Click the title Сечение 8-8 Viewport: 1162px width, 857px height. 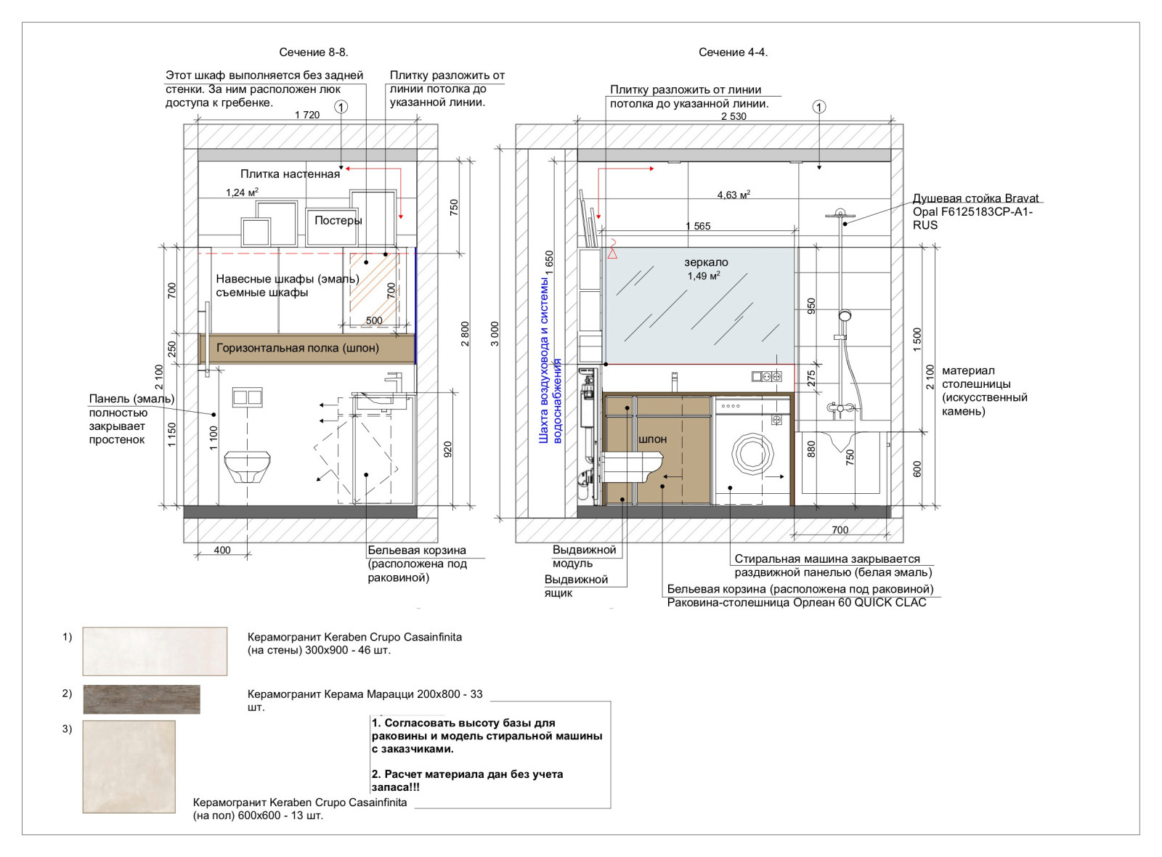pos(314,52)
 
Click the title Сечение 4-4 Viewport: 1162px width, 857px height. pos(733,52)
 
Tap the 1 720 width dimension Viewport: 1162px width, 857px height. pos(307,115)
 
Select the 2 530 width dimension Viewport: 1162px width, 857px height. pos(734,116)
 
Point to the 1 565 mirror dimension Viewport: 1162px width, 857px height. pos(698,226)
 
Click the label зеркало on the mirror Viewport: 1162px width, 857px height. pos(706,262)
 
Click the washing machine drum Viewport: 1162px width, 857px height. pos(752,454)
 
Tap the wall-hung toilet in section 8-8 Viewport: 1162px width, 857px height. pos(248,467)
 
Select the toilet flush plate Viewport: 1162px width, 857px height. pos(248,397)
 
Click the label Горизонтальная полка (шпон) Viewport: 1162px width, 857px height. pos(297,348)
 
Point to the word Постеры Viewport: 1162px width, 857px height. pos(338,221)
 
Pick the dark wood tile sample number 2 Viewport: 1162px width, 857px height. pos(142,699)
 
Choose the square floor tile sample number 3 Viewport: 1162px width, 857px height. pos(129,767)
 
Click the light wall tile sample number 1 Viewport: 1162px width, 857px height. pos(155,651)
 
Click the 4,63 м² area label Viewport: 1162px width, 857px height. pos(734,195)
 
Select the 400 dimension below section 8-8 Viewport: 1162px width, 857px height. pos(222,551)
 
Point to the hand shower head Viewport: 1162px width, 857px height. pos(845,315)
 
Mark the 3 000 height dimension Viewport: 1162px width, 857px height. pos(495,333)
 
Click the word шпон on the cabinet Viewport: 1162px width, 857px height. pos(653,439)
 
